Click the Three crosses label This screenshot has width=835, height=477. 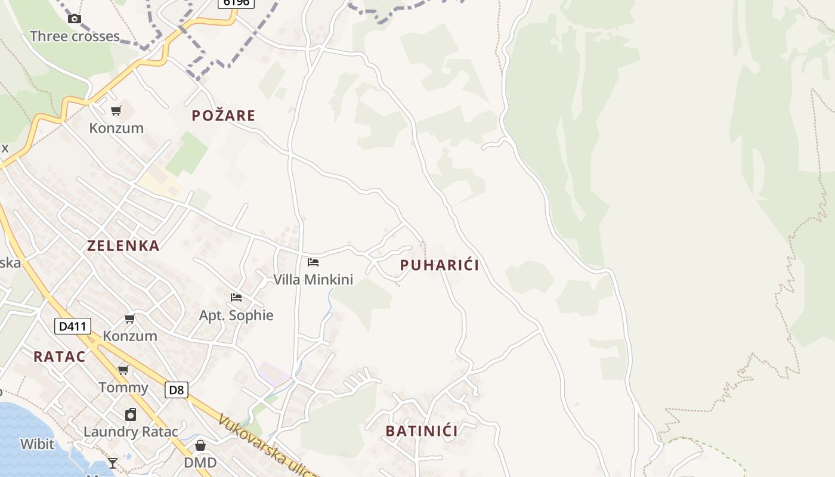(x=75, y=36)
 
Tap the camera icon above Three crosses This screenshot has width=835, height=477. (x=75, y=19)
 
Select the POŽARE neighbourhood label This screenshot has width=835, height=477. (x=223, y=116)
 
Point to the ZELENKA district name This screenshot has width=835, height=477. (x=123, y=246)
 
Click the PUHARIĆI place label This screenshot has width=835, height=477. (x=440, y=265)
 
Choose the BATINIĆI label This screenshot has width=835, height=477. (x=422, y=431)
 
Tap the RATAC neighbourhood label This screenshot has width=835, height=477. (x=60, y=357)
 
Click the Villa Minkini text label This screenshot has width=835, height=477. (x=313, y=280)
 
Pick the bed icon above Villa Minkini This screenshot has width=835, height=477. (x=313, y=262)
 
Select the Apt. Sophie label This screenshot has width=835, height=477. (x=236, y=315)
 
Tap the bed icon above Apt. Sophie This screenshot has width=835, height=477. (x=236, y=298)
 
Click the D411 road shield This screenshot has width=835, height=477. (x=73, y=326)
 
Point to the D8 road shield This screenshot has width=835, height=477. (x=177, y=390)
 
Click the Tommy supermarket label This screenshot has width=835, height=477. (x=123, y=388)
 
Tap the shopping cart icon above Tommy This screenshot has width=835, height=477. (x=123, y=370)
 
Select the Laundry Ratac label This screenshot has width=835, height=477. (x=131, y=432)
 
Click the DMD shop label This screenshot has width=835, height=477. (x=200, y=463)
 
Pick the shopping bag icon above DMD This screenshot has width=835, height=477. (x=200, y=445)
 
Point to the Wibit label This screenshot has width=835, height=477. (x=37, y=444)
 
